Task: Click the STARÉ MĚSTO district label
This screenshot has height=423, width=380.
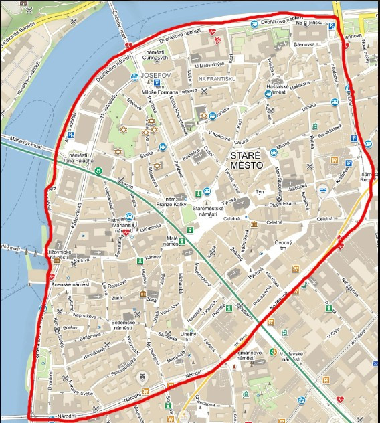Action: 246,159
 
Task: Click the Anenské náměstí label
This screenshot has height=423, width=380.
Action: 70,284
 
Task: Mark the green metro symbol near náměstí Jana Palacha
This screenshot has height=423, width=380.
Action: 98,171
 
